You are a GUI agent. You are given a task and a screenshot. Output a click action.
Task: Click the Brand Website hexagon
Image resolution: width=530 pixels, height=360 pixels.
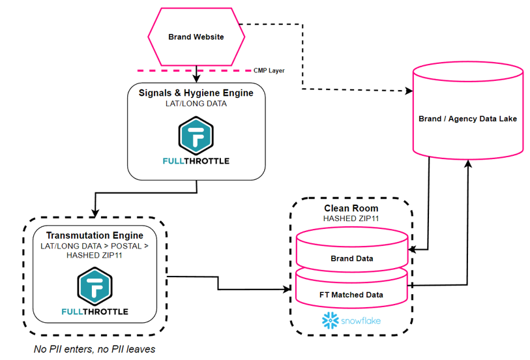coord(196,37)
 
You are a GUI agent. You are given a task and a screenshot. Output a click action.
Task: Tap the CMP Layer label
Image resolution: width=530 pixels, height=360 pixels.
coord(269,70)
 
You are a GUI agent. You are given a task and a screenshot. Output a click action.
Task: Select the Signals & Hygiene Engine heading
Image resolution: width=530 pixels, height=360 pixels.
coord(196,93)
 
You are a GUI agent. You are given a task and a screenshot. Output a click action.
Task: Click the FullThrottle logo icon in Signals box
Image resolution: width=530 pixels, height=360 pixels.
coord(196,134)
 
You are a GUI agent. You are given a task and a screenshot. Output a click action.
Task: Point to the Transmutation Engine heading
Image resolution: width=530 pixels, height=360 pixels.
coord(95,235)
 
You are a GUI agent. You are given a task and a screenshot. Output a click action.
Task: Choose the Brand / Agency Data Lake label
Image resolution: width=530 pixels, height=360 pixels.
coord(468,119)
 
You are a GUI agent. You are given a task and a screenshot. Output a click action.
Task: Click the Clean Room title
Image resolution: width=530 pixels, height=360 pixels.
coord(351,209)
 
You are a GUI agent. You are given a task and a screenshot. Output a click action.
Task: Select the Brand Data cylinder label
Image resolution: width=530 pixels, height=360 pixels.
coord(351,258)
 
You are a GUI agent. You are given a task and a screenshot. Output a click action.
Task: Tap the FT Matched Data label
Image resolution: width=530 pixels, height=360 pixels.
coord(351,295)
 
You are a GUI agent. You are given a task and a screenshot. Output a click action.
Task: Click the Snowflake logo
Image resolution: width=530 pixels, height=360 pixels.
coord(351,320)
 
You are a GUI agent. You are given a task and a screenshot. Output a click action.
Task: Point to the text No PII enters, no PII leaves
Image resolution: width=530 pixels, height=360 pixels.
coord(95,349)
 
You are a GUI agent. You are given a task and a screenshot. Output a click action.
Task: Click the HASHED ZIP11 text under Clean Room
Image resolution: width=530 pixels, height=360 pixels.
coord(351,218)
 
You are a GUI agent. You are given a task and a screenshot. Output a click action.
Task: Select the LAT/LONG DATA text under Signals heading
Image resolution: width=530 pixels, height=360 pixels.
coord(196,103)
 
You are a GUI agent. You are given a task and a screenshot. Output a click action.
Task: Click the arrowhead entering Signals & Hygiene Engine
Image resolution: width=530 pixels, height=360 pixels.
coord(196,78)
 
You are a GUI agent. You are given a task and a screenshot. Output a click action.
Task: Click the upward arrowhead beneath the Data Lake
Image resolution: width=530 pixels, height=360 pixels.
coord(467,166)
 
